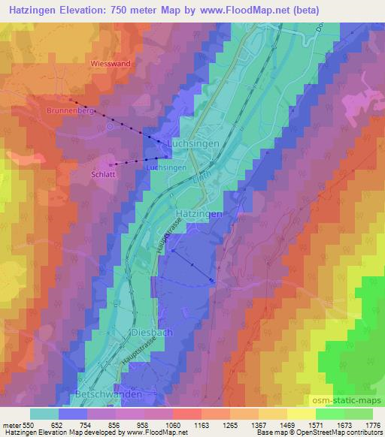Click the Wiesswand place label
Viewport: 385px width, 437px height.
click(x=111, y=64)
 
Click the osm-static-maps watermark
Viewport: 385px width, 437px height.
click(x=353, y=401)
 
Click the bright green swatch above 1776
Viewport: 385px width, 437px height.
click(x=359, y=414)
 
